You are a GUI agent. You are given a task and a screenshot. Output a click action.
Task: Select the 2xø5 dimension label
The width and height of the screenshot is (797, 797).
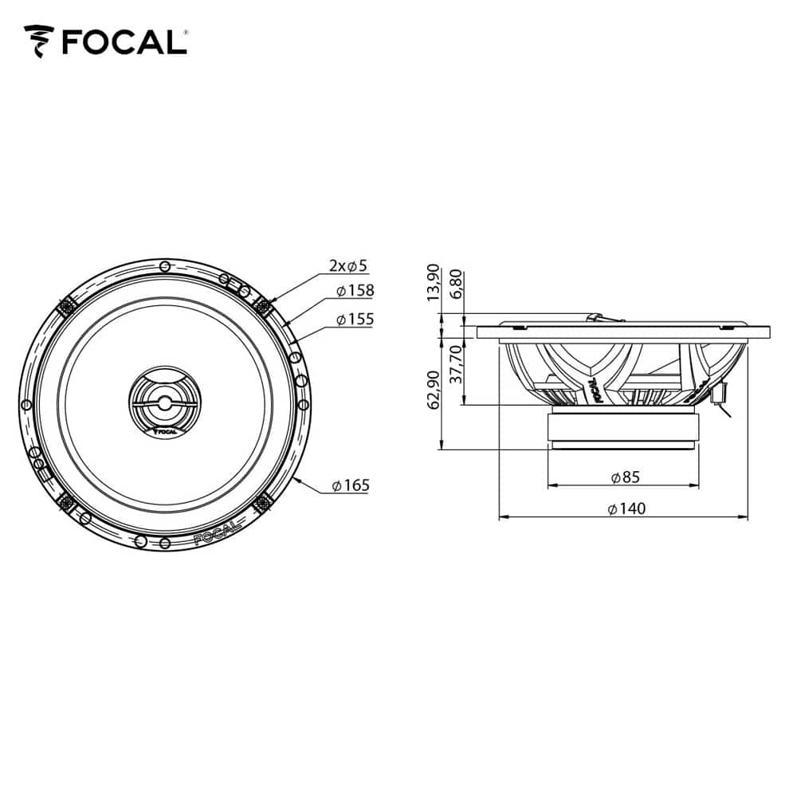347,265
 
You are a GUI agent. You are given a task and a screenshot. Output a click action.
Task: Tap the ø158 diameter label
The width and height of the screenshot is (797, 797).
355,291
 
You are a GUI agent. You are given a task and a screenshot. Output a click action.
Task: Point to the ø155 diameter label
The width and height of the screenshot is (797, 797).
355,319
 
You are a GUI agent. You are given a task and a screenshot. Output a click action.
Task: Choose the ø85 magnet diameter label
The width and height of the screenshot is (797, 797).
625,477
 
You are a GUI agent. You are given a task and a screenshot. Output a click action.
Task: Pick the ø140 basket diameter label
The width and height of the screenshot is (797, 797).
625,508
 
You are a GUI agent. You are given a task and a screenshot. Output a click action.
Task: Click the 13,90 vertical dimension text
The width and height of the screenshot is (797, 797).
434,283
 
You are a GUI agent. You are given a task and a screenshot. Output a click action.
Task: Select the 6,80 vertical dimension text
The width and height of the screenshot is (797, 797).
457,285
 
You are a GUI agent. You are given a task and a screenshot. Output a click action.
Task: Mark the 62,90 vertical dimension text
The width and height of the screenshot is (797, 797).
434,389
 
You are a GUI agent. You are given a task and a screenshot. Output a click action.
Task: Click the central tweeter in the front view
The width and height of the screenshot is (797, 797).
165,402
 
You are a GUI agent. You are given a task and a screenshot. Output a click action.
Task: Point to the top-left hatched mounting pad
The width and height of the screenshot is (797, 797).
66,304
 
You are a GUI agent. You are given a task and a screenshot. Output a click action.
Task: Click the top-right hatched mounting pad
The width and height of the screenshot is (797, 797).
263,304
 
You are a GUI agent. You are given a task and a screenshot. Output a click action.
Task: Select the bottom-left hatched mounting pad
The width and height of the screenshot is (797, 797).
66,502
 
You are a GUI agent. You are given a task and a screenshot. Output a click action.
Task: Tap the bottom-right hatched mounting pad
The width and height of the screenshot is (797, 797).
263,502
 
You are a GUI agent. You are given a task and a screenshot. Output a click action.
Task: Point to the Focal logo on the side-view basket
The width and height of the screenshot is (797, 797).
595,389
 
